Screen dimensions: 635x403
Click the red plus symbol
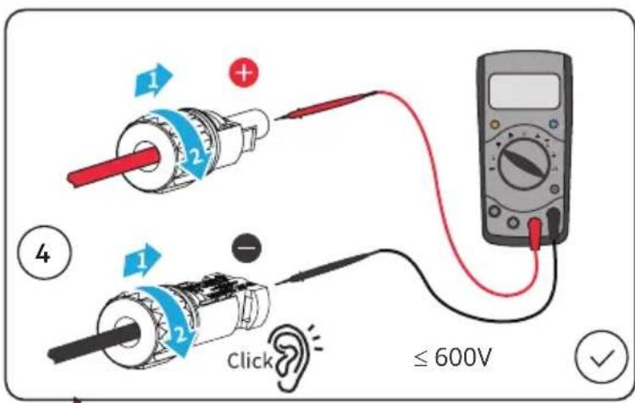tap(244, 74)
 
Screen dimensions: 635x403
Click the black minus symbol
tap(246, 248)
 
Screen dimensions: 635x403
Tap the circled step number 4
tap(44, 253)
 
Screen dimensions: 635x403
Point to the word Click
tap(250, 361)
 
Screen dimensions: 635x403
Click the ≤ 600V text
tap(452, 357)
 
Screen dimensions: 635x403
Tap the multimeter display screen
tap(524, 91)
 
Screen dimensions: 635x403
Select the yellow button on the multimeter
tap(494, 124)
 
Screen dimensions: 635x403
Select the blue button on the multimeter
tap(553, 124)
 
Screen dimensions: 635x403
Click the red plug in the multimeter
tap(535, 232)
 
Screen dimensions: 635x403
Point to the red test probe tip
tap(275, 119)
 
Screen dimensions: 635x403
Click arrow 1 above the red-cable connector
tap(153, 80)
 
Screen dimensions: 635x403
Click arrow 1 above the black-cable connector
tap(141, 261)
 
